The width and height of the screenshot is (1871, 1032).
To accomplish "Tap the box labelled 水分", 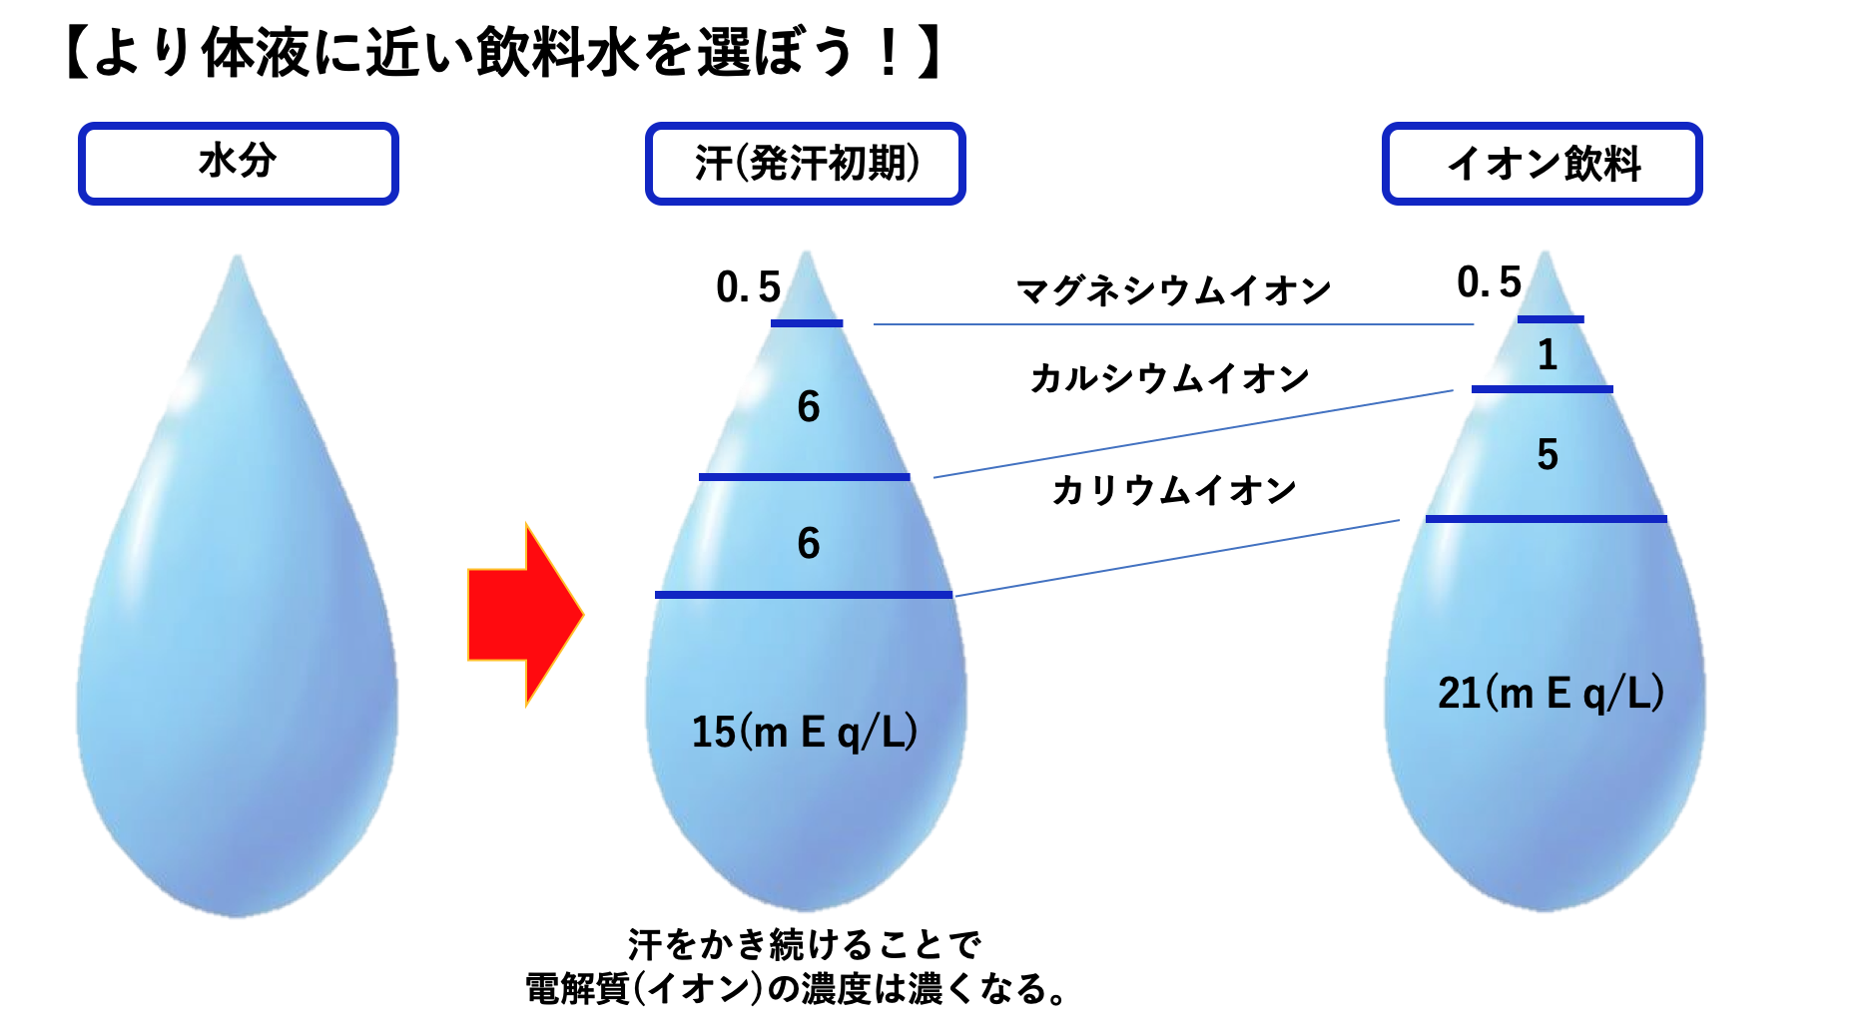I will coord(239,164).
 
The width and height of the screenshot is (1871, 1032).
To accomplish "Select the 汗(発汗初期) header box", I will coord(806,164).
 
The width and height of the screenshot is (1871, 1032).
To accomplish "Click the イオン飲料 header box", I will coord(1543,164).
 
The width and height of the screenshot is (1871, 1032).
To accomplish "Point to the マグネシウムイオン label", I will coord(1173,290).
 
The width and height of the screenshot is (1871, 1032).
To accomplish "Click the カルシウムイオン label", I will coord(1169,378).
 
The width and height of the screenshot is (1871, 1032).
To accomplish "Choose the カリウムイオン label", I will coord(1173,490).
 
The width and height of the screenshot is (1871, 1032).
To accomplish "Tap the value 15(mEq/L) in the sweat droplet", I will coord(805,732).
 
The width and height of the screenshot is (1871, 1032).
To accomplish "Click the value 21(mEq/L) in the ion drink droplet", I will coord(1551,693).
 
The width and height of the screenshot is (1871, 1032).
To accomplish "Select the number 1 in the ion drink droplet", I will coord(1548,355).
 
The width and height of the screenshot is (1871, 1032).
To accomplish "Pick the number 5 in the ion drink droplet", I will coord(1548,455).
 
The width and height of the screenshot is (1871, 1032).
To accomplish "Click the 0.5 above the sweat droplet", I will coord(749,287).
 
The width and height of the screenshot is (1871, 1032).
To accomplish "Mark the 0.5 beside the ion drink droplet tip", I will coord(1489,282).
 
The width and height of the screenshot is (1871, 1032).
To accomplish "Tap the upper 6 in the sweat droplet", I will coord(809,407).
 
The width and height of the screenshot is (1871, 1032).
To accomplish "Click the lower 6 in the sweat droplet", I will coord(809,544).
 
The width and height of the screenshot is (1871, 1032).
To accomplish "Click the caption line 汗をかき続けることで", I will coord(805,944).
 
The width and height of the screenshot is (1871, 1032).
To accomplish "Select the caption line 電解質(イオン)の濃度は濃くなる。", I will coord(796,989).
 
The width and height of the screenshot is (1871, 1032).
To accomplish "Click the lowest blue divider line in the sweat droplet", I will coord(804,595).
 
